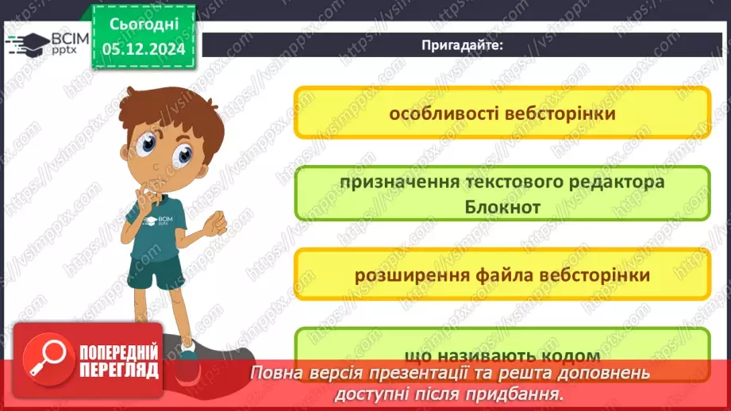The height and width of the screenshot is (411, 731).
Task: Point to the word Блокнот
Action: (x=502, y=206)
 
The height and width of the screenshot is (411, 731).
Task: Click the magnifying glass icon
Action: (x=46, y=360)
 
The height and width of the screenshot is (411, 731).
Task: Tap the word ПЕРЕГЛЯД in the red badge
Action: (x=117, y=370)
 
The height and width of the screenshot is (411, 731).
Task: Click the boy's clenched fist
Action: (x=214, y=225)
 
